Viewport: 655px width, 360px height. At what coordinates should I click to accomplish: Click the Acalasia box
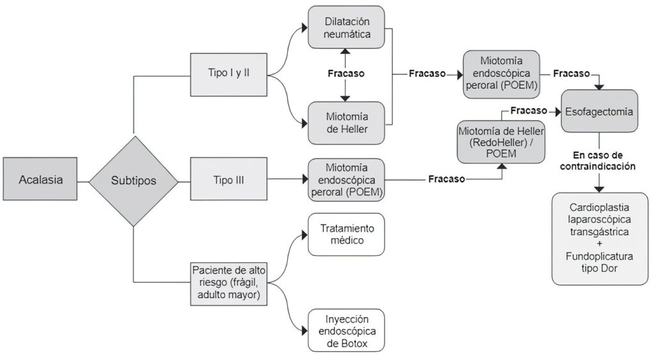pos(40,180)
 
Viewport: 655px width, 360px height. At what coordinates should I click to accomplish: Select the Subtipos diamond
pos(134,180)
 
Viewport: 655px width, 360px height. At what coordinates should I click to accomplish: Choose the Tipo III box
pos(229,180)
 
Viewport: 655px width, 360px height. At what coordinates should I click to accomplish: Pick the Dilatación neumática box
pos(346,27)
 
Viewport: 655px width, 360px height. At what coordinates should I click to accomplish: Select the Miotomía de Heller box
pos(346,120)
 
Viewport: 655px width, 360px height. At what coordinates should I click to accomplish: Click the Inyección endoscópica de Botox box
pos(346,330)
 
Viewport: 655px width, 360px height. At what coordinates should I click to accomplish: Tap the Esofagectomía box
pos(600,111)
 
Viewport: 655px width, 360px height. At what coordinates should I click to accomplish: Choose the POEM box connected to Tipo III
pos(346,179)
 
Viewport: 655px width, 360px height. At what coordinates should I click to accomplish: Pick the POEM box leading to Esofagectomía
pos(501,74)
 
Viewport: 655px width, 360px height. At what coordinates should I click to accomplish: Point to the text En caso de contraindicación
pos(599,160)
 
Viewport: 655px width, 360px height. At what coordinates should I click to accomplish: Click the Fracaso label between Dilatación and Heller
pos(346,73)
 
